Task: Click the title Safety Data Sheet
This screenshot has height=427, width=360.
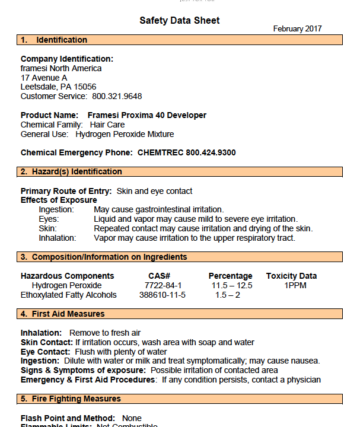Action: (179, 21)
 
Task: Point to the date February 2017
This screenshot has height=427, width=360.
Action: (297, 28)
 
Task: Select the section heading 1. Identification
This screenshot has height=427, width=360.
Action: (54, 40)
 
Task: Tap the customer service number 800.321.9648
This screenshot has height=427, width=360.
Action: (117, 96)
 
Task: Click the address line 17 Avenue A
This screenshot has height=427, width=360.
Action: (44, 78)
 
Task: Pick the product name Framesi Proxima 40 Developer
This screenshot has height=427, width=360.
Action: (147, 115)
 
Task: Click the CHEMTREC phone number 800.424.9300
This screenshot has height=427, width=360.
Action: (211, 152)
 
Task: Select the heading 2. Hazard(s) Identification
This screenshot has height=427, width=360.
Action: (71, 171)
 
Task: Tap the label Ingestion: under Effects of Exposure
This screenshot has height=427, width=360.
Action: (56, 209)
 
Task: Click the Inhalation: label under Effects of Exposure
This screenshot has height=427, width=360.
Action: (58, 238)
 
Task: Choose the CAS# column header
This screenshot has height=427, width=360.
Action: (159, 276)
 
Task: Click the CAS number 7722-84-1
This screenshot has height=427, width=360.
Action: (159, 285)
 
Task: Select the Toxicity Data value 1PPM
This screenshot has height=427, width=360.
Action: (291, 285)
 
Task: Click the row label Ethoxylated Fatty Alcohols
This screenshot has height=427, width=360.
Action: (69, 295)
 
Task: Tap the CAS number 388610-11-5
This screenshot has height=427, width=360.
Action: (162, 295)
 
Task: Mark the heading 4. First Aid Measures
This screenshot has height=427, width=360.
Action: (63, 314)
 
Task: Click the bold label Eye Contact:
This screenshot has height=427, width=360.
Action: (45, 352)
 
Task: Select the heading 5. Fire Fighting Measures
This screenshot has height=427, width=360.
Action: (71, 399)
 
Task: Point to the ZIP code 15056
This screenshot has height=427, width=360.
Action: (84, 87)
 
